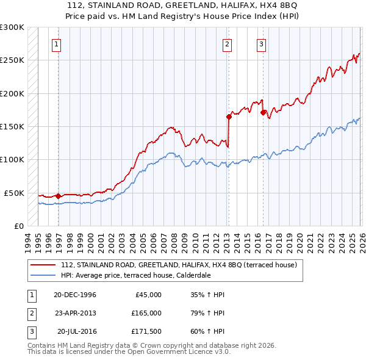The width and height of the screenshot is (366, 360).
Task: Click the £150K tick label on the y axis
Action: point(12,126)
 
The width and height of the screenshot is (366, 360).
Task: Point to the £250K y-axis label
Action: point(12,60)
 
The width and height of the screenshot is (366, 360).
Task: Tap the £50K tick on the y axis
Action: point(14,193)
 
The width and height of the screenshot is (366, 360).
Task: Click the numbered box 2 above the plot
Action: point(227,43)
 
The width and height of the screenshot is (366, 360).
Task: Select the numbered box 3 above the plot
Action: point(261,43)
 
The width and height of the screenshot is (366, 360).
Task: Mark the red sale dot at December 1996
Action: point(58,196)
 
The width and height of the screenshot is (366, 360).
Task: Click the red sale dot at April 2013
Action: point(229,117)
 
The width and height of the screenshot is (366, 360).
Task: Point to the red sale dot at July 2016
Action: point(263,112)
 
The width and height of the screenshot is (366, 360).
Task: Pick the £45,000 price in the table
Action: point(147,295)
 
